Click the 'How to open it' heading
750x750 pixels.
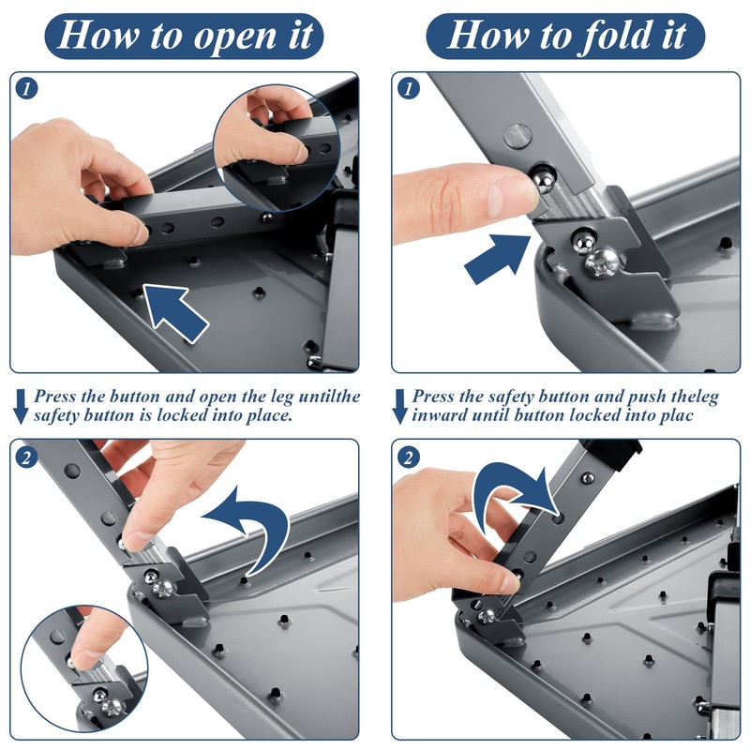coord(184,36)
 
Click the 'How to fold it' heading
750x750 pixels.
coord(565,36)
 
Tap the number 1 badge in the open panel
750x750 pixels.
coord(26,88)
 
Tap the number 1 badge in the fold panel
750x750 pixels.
coord(408,88)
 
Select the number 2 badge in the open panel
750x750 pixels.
coord(26,457)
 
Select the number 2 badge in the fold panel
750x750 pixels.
coord(408,457)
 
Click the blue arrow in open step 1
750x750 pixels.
coord(174,312)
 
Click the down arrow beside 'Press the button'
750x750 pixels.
coord(20,407)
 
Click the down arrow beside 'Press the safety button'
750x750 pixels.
coord(399,407)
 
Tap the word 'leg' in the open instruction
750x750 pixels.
coord(282,397)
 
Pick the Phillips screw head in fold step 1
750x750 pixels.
coord(601,262)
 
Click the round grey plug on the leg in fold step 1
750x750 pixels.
coord(518,136)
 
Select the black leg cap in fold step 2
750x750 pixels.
coord(615,451)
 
